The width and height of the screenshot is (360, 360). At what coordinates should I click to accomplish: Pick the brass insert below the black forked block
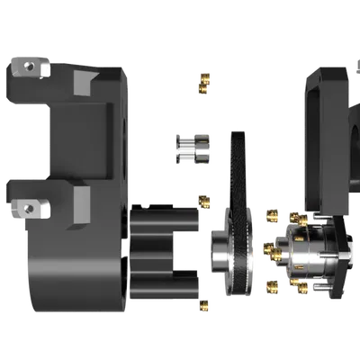(205, 305)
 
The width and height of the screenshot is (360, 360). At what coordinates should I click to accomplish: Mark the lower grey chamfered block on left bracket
(79, 202)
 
